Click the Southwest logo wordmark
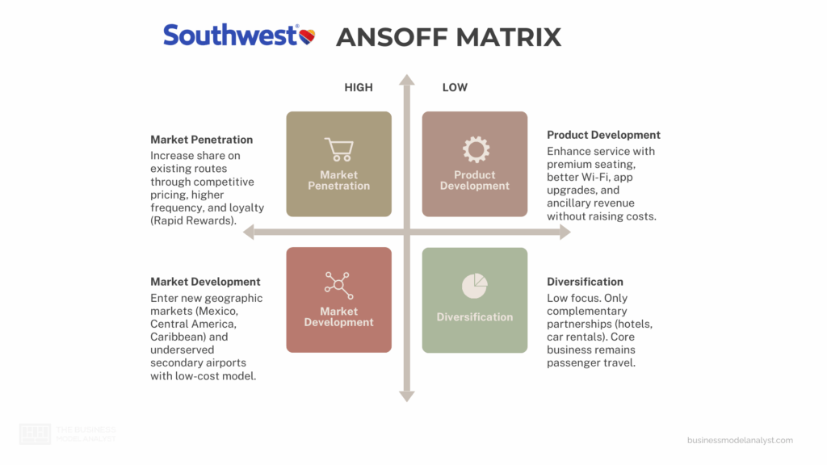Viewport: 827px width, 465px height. click(x=230, y=35)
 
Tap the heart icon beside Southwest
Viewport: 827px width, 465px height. click(x=307, y=36)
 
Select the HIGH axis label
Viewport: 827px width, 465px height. click(x=359, y=87)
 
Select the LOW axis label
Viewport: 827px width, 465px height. click(x=455, y=87)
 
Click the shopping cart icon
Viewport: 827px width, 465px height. click(x=338, y=149)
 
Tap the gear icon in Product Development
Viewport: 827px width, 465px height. click(x=475, y=149)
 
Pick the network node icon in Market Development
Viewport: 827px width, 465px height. click(x=338, y=285)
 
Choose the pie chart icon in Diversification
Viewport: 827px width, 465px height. click(x=475, y=286)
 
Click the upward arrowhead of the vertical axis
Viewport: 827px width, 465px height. click(x=407, y=79)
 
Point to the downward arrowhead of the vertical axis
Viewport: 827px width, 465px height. click(x=407, y=396)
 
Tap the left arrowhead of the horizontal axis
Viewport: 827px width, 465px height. click(x=249, y=232)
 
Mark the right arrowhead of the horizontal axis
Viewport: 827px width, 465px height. click(x=565, y=232)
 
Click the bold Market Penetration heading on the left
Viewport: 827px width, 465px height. click(x=201, y=140)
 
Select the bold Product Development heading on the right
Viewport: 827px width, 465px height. click(x=603, y=135)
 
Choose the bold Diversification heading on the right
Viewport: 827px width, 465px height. click(x=585, y=282)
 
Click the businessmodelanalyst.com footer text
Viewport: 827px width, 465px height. click(x=740, y=440)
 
